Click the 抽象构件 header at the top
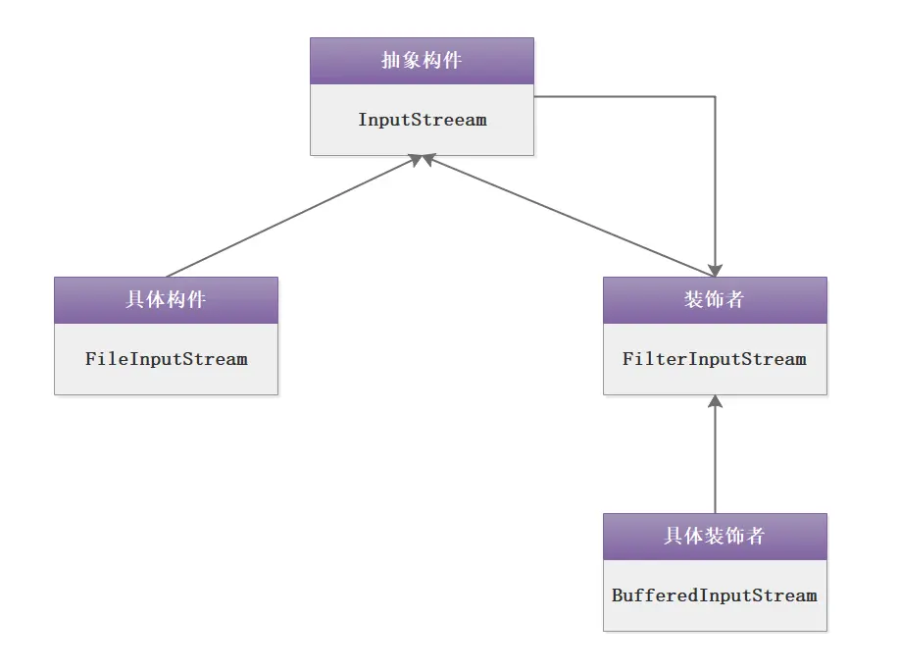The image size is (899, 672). (x=422, y=61)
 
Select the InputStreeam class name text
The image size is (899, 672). (x=422, y=120)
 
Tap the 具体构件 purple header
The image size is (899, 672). (x=166, y=299)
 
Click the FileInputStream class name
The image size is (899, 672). (x=166, y=359)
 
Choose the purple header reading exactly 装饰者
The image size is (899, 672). (x=714, y=299)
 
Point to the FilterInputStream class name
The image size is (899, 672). (x=714, y=359)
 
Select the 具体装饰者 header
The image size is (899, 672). (x=714, y=536)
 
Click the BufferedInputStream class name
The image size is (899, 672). (x=714, y=595)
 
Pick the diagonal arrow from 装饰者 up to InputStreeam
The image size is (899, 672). (x=569, y=216)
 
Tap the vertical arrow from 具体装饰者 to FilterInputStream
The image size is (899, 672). (x=715, y=456)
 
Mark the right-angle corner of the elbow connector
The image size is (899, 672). (x=715, y=97)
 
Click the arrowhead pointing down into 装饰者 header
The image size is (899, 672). (x=715, y=269)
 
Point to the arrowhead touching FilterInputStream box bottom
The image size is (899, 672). (x=715, y=402)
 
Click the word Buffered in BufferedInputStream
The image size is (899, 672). (x=648, y=595)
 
